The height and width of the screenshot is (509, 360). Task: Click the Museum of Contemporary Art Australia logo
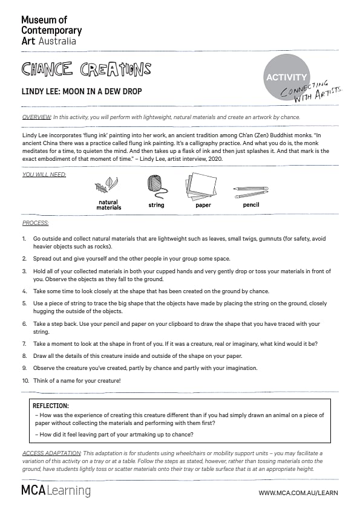[51, 30]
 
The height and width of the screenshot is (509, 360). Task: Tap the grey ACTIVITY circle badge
[286, 77]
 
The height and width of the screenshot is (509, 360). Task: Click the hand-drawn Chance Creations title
[87, 69]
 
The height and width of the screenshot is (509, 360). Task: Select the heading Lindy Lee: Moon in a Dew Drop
[82, 91]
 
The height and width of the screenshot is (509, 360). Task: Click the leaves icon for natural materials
[106, 185]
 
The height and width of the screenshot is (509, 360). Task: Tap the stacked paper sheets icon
[201, 186]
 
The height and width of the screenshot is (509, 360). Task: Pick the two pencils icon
[251, 192]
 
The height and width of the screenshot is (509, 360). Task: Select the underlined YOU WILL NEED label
[44, 175]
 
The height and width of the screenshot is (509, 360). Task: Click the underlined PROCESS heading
[36, 223]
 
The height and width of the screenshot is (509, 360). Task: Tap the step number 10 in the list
[25, 380]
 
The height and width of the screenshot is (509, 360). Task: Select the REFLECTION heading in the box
[51, 406]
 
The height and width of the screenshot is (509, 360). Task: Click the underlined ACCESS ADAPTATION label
[51, 453]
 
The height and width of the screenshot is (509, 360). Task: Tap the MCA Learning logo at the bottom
[56, 490]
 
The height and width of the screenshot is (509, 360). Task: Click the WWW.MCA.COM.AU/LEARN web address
[298, 493]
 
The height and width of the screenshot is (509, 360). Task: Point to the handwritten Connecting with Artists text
[311, 92]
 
